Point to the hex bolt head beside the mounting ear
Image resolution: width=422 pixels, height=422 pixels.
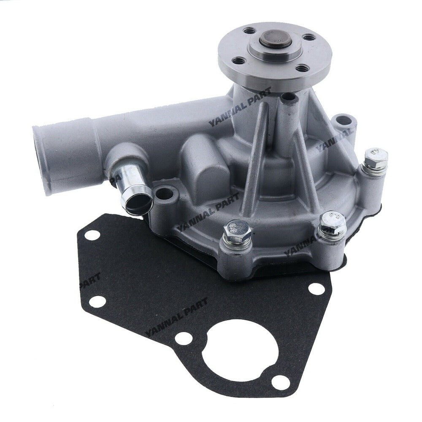(x=375, y=157)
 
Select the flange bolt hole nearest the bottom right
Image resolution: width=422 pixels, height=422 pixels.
(x=300, y=67)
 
